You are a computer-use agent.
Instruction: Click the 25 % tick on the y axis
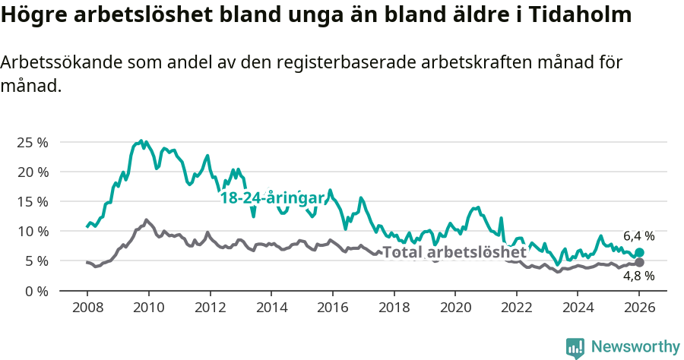(x=32, y=142)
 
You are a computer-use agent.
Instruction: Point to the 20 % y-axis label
(x=32, y=172)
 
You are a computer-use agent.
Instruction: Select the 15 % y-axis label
(x=32, y=201)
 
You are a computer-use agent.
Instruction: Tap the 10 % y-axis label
(x=32, y=231)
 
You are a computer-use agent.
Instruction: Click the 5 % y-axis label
(x=36, y=261)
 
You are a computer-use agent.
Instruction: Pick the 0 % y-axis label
(x=36, y=290)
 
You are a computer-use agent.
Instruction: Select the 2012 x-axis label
(x=210, y=309)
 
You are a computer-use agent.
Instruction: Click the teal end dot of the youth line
(x=639, y=252)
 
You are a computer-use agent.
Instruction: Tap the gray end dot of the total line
(x=639, y=262)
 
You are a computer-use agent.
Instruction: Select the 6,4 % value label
(x=638, y=236)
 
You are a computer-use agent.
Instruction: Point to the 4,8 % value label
(x=638, y=276)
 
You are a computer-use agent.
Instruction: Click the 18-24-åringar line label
(x=272, y=197)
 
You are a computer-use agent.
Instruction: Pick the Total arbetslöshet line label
(x=454, y=252)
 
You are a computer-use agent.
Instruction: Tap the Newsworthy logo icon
(x=575, y=347)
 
